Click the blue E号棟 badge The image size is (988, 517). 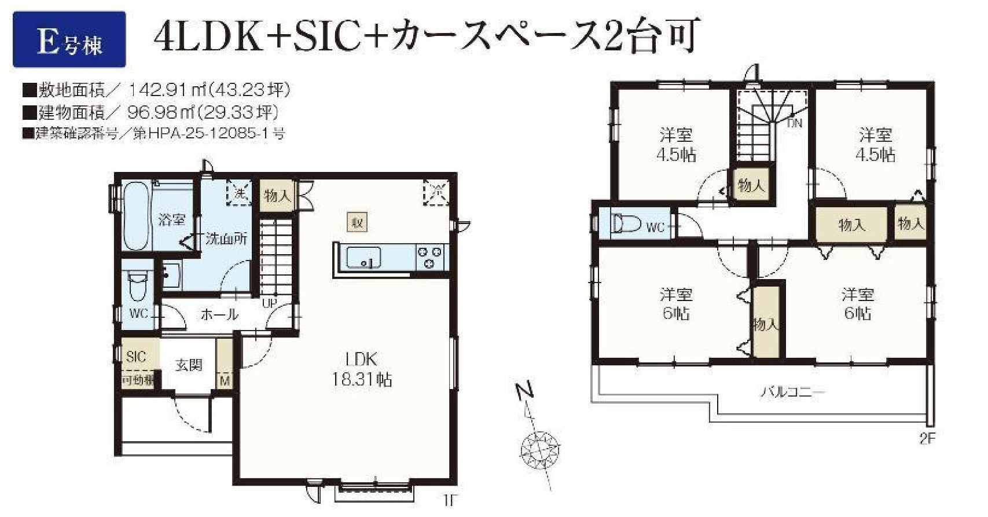point(69,40)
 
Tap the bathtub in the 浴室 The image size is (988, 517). point(137,215)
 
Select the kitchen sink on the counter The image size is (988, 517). point(363,257)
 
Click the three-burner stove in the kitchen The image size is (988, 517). point(429,257)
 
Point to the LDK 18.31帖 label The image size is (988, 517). point(361,369)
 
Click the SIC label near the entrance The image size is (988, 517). point(136,357)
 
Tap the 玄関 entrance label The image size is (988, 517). point(189,365)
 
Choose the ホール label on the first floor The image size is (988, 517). point(219,314)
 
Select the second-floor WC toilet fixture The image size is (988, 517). point(626,223)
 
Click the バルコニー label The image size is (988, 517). point(792,392)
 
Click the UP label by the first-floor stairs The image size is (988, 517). point(270,302)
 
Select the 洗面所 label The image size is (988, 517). point(226,238)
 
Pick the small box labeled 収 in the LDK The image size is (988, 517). point(357,222)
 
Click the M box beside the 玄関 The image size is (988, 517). point(225,380)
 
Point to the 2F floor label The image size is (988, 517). point(927,438)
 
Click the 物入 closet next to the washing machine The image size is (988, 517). point(277,196)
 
